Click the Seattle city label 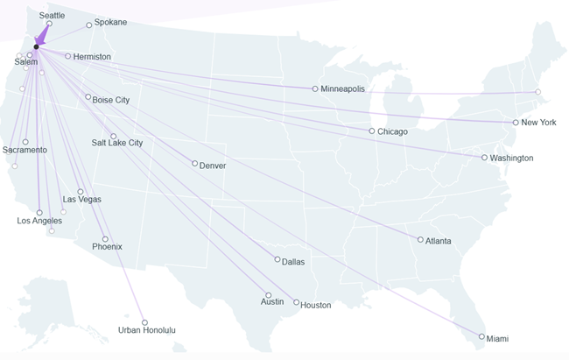coord(53,16)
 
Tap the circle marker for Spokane coord(89,25)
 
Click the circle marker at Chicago coord(372,131)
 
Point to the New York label coord(538,123)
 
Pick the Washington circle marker coord(484,158)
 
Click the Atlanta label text coord(439,241)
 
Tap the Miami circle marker coord(481,336)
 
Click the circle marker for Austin coord(269,295)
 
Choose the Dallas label coord(294,261)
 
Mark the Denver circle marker coord(194,164)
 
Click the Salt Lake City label coord(117,143)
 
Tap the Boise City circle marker coord(88,97)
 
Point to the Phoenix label coord(107,247)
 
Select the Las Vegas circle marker coord(81,192)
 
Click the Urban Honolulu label coord(147,330)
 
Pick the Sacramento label coord(25,151)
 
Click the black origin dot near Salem coord(36,47)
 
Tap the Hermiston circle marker coord(68,56)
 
